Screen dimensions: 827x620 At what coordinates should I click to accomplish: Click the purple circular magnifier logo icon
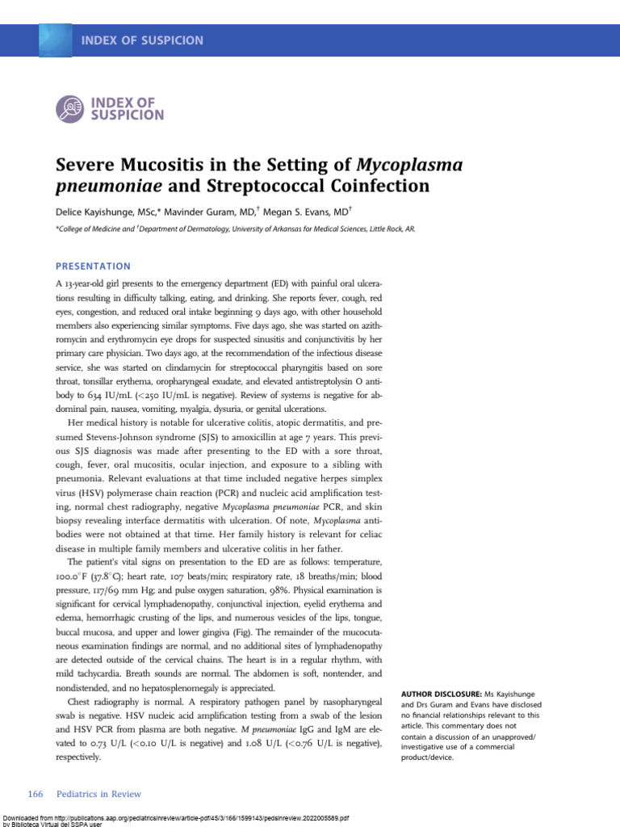(70, 108)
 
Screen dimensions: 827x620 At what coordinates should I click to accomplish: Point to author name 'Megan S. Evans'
(308, 212)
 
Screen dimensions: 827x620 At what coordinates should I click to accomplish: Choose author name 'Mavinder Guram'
(213, 212)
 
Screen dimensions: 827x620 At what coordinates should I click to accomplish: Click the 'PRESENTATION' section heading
(93, 266)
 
